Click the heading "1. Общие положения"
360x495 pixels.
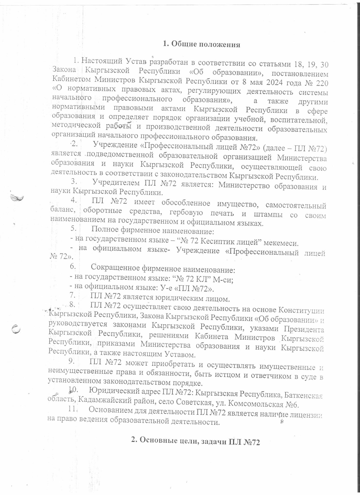tap(201, 44)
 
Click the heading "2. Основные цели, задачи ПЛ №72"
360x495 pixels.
tap(195, 441)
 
